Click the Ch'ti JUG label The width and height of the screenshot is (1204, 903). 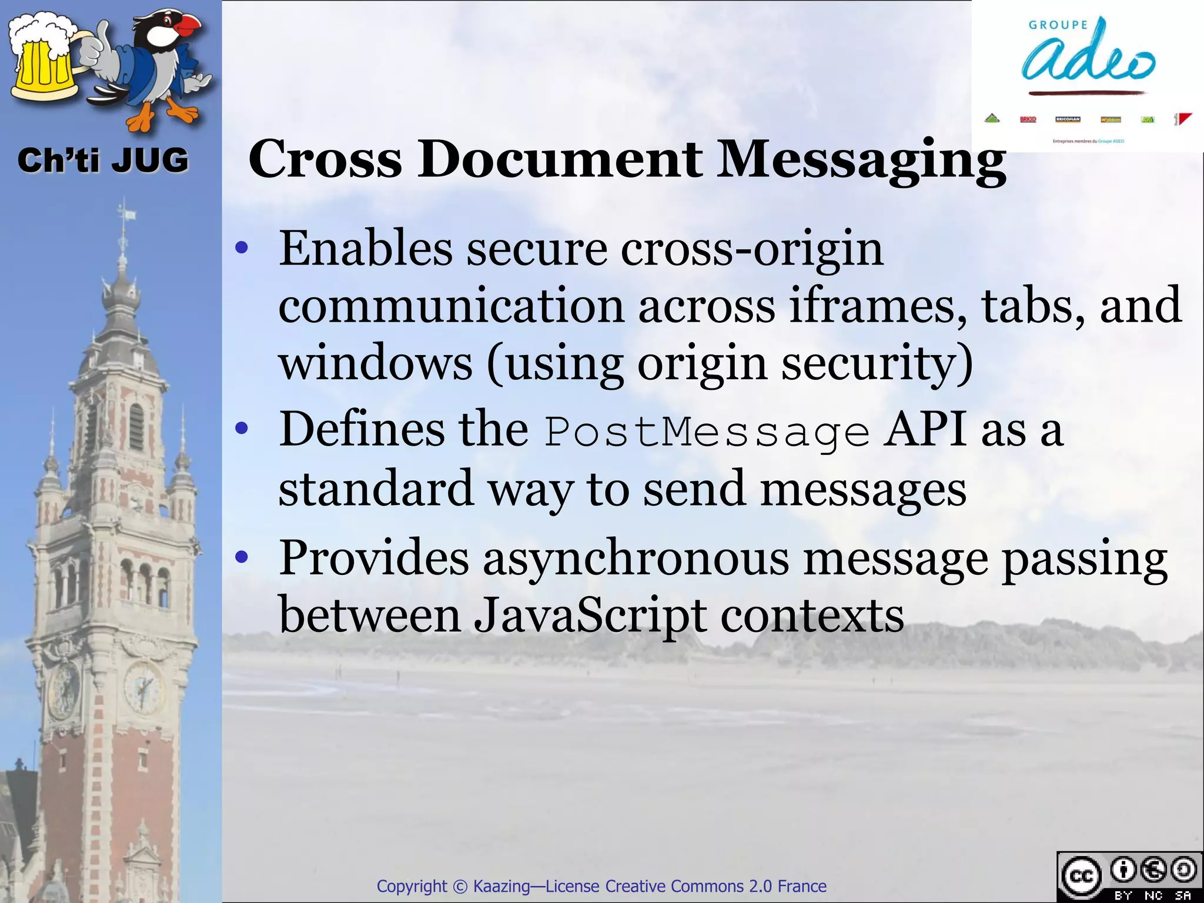click(x=103, y=160)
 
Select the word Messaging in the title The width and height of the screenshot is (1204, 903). click(x=862, y=160)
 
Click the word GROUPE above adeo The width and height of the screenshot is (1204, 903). click(x=1058, y=25)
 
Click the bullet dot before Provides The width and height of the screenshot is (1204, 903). click(x=242, y=556)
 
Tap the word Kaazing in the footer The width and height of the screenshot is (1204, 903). click(x=501, y=886)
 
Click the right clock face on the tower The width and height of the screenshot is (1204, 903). click(x=143, y=685)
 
